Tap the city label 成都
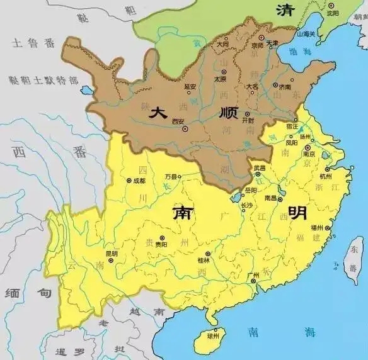coord(139,180)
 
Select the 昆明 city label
coord(112,254)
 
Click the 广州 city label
coord(255,275)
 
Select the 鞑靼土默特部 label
coord(44,81)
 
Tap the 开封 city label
coord(248,120)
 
